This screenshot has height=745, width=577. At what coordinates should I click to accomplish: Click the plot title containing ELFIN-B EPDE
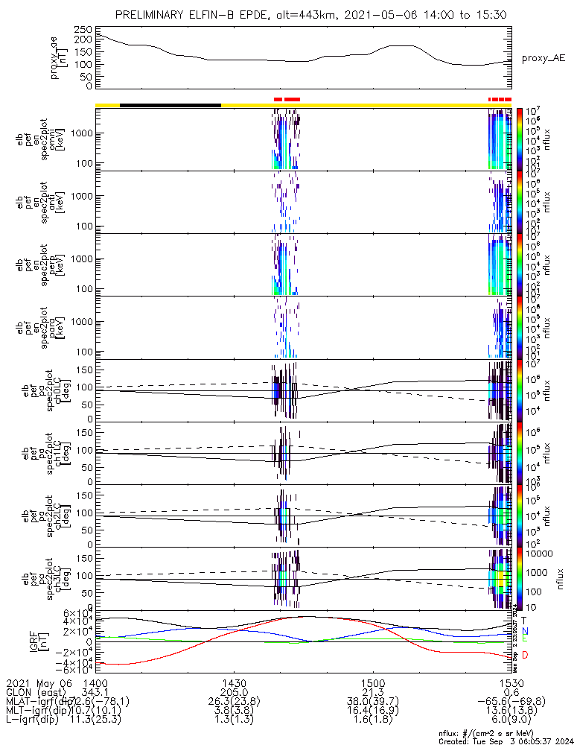pyautogui.click(x=305, y=16)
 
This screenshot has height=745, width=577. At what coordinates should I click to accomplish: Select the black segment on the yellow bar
pyautogui.click(x=170, y=105)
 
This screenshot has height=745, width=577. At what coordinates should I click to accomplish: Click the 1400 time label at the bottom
pyautogui.click(x=95, y=682)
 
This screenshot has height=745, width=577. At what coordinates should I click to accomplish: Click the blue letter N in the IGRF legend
pyautogui.click(x=525, y=630)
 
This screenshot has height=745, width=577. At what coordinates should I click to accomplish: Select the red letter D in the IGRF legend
pyautogui.click(x=525, y=655)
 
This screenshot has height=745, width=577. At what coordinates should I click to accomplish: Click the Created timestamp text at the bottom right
pyautogui.click(x=506, y=741)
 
